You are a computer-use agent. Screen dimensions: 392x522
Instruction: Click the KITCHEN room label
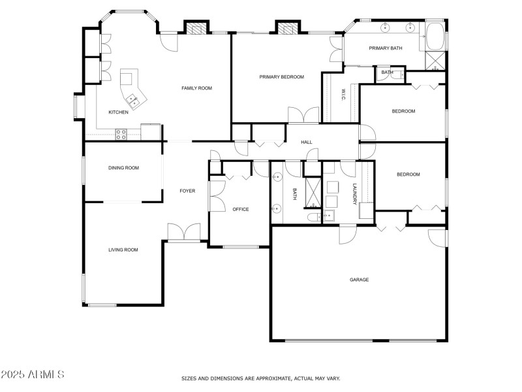118,112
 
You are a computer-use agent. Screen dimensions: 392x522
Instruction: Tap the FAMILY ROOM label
196,88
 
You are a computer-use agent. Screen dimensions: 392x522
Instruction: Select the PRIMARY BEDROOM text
281,77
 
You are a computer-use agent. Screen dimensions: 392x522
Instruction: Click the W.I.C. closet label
342,95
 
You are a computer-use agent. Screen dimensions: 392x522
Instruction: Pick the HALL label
307,142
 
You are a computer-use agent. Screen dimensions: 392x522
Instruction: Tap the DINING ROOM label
123,168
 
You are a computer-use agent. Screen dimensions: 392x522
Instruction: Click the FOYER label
187,191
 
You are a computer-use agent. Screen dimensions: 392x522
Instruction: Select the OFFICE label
241,209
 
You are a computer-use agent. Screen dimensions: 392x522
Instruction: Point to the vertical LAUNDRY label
355,193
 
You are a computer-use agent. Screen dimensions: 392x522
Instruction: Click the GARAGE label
359,280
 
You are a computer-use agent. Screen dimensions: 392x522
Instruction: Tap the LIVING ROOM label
123,250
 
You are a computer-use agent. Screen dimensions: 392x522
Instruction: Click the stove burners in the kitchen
121,134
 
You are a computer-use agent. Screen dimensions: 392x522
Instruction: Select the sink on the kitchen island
134,99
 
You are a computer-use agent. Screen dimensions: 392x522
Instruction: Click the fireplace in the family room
194,27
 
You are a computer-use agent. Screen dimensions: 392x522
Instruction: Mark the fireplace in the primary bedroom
286,27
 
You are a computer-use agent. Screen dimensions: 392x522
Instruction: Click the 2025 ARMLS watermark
33,374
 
